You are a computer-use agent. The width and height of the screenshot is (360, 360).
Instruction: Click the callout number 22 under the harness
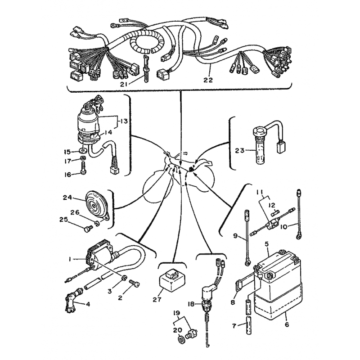coord(208,80)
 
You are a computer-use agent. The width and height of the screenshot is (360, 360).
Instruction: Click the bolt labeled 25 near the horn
coord(88,229)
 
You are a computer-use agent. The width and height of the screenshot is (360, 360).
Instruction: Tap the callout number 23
coord(240,151)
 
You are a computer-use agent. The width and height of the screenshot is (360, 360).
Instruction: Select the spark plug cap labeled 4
coord(72,301)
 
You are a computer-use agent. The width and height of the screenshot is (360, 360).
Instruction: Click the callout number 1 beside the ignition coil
coord(70,259)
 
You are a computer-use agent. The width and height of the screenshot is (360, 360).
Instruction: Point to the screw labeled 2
coord(135,283)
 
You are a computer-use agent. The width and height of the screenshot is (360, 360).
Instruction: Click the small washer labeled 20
coord(181,340)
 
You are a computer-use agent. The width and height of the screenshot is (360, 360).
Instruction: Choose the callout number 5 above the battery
coord(266,243)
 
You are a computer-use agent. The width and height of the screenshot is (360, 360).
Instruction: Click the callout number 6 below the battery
coord(287,324)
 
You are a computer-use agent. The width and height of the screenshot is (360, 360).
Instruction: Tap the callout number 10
coord(284,227)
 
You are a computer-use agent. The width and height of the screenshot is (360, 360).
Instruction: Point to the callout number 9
coord(235,236)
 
